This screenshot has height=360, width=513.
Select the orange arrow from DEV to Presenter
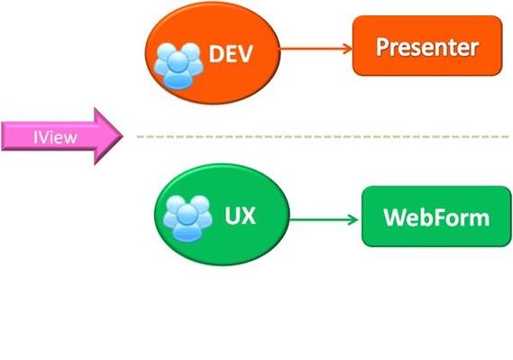click(316, 47)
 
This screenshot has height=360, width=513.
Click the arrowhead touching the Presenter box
click(346, 47)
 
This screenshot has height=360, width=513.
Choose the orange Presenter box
click(426, 46)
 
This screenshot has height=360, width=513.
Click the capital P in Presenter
click(384, 46)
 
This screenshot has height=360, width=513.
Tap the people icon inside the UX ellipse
click(188, 217)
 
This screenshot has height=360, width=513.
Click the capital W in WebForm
click(394, 217)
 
